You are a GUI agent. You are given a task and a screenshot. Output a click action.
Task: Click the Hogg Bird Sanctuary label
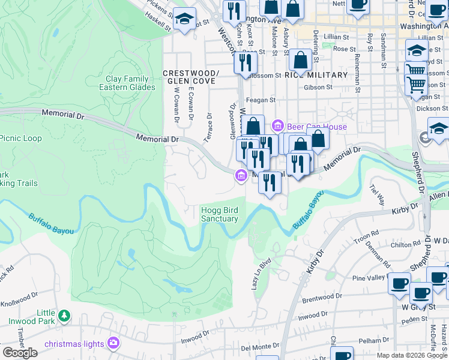[x=219, y=214]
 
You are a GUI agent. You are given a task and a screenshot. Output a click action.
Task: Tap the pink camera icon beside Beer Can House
[x=277, y=126]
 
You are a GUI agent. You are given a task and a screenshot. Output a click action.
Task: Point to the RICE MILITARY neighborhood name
[x=316, y=75]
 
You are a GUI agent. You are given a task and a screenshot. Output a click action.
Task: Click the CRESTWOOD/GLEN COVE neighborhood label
[x=191, y=77]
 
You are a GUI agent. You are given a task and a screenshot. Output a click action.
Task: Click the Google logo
[x=20, y=353]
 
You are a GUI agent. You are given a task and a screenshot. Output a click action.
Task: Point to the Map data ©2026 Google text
[x=411, y=355]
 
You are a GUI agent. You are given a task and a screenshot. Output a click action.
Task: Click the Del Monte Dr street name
[x=261, y=347]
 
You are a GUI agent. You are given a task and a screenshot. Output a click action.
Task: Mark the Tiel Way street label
[x=378, y=195]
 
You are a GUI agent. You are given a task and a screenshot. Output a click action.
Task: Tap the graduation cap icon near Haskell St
[x=185, y=19]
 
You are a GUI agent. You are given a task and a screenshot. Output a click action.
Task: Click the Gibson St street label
[x=318, y=87]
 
